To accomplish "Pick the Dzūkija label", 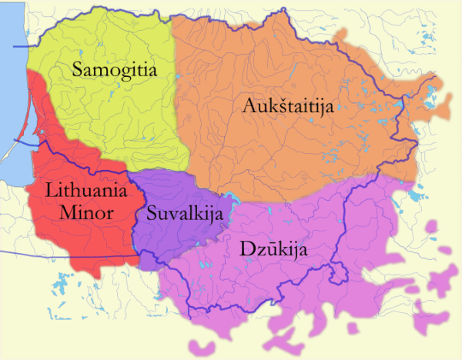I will click(268, 248).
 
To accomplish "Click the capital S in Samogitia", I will click(77, 70).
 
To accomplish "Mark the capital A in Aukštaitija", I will click(248, 106).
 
